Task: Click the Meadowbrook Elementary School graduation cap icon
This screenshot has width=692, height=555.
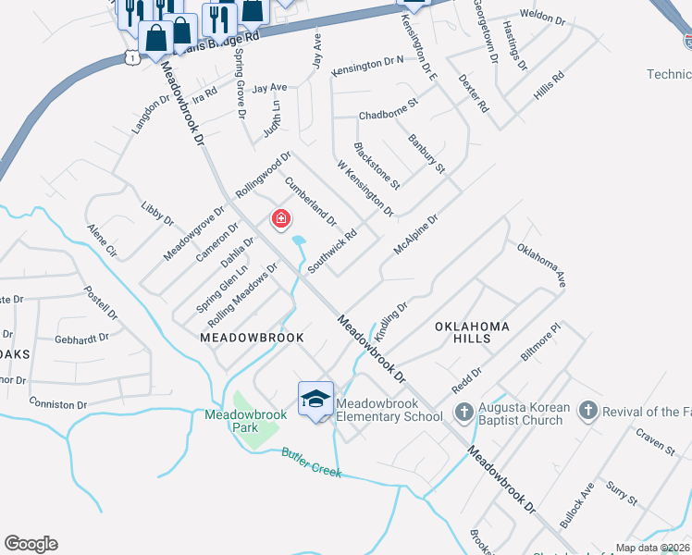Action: click(315, 399)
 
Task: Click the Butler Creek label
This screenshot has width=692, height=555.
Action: click(312, 463)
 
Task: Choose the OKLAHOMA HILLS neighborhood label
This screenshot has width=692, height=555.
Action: click(472, 333)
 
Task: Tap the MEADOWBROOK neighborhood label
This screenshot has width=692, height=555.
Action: click(253, 339)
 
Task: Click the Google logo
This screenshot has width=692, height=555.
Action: click(31, 544)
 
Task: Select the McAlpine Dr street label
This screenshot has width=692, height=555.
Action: click(414, 235)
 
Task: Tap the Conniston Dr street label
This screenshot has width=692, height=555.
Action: click(57, 404)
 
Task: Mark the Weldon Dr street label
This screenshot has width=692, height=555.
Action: click(542, 18)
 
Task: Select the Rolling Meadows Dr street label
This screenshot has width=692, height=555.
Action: click(242, 295)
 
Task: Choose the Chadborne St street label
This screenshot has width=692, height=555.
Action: click(389, 116)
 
